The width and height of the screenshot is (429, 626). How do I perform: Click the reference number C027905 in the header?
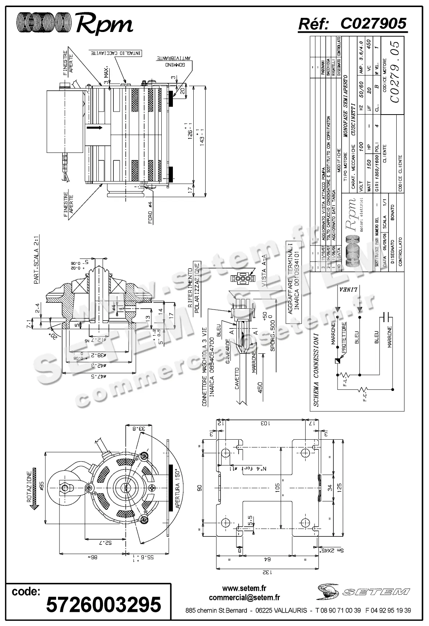pyautogui.click(x=373, y=24)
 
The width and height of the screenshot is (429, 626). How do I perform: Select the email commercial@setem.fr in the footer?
pyautogui.click(x=244, y=598)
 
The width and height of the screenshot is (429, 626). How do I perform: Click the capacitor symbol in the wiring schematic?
pyautogui.click(x=386, y=317)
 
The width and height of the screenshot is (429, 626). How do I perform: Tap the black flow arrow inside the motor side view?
pyautogui.click(x=95, y=128)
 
